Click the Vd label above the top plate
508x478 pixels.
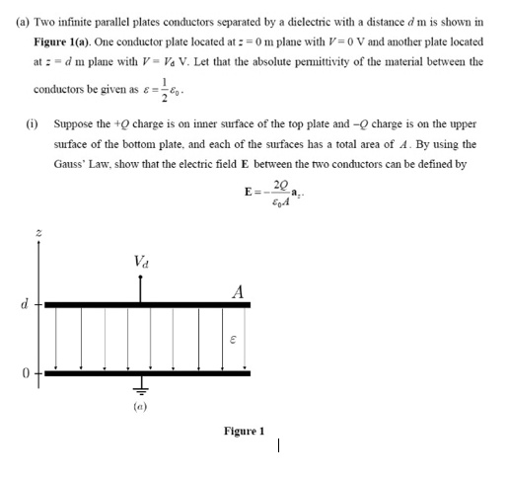pyautogui.click(x=141, y=262)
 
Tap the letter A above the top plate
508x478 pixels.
pyautogui.click(x=237, y=291)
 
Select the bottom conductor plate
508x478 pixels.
pyautogui.click(x=148, y=373)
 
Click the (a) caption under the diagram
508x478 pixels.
pyautogui.click(x=141, y=405)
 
